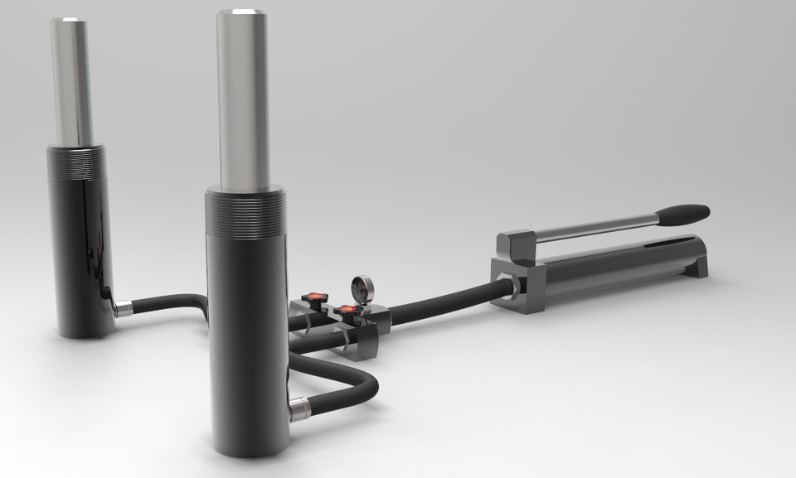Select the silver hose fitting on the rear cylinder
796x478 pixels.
pos(123,309)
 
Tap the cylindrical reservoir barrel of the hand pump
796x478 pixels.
pos(614,265)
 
